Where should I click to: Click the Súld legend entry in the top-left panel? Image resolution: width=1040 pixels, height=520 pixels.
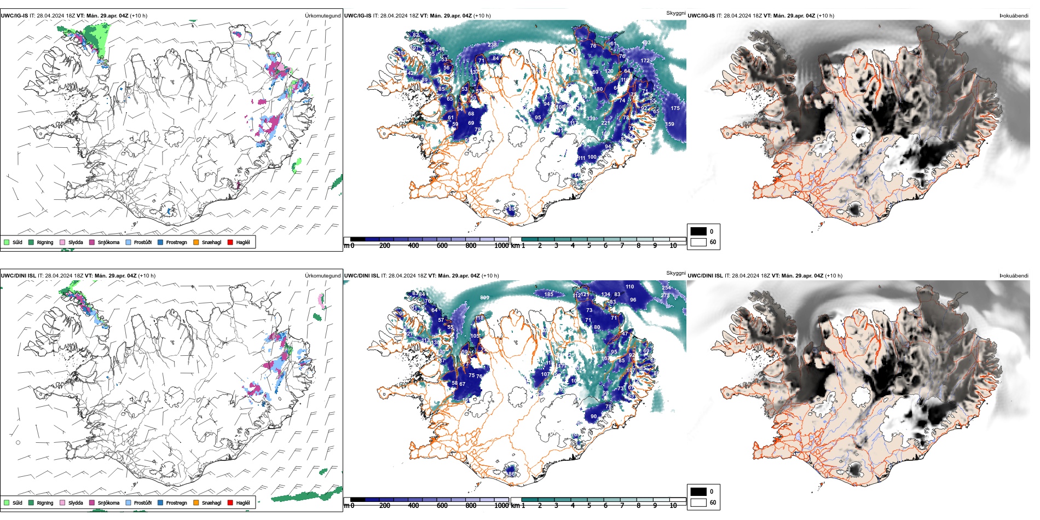coord(13,242)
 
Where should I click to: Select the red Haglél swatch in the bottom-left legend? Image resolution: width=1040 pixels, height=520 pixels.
coord(230,502)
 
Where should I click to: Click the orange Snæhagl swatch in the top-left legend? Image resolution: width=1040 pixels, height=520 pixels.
coord(196,242)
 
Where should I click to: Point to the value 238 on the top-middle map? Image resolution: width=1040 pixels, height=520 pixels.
coord(493,45)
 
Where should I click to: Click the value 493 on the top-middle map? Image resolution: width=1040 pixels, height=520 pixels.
coord(646,43)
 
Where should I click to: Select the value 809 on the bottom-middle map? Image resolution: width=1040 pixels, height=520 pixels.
coord(484,298)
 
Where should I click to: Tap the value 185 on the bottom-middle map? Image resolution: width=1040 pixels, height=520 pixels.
coord(548,294)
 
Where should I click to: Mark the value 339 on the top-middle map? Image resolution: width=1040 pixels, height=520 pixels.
coord(591,118)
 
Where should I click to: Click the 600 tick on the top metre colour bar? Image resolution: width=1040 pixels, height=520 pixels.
coord(442,246)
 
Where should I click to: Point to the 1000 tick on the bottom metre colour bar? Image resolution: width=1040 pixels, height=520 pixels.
coord(501,506)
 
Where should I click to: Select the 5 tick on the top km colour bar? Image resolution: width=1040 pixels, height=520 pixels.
coord(589,246)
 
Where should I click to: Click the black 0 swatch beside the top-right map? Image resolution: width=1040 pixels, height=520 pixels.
coord(698,232)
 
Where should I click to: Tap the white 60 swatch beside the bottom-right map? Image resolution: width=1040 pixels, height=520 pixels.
coord(698,502)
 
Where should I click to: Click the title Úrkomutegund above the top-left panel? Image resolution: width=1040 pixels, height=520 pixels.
coord(322,16)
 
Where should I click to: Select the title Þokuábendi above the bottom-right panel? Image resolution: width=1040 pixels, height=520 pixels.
coord(1014,276)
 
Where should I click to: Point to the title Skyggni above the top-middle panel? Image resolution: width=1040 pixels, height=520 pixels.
coord(675,13)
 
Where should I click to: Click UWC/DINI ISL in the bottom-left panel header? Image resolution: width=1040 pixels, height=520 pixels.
coord(18,276)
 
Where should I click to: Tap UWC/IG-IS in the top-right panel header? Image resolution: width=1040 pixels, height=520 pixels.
coord(701,16)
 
